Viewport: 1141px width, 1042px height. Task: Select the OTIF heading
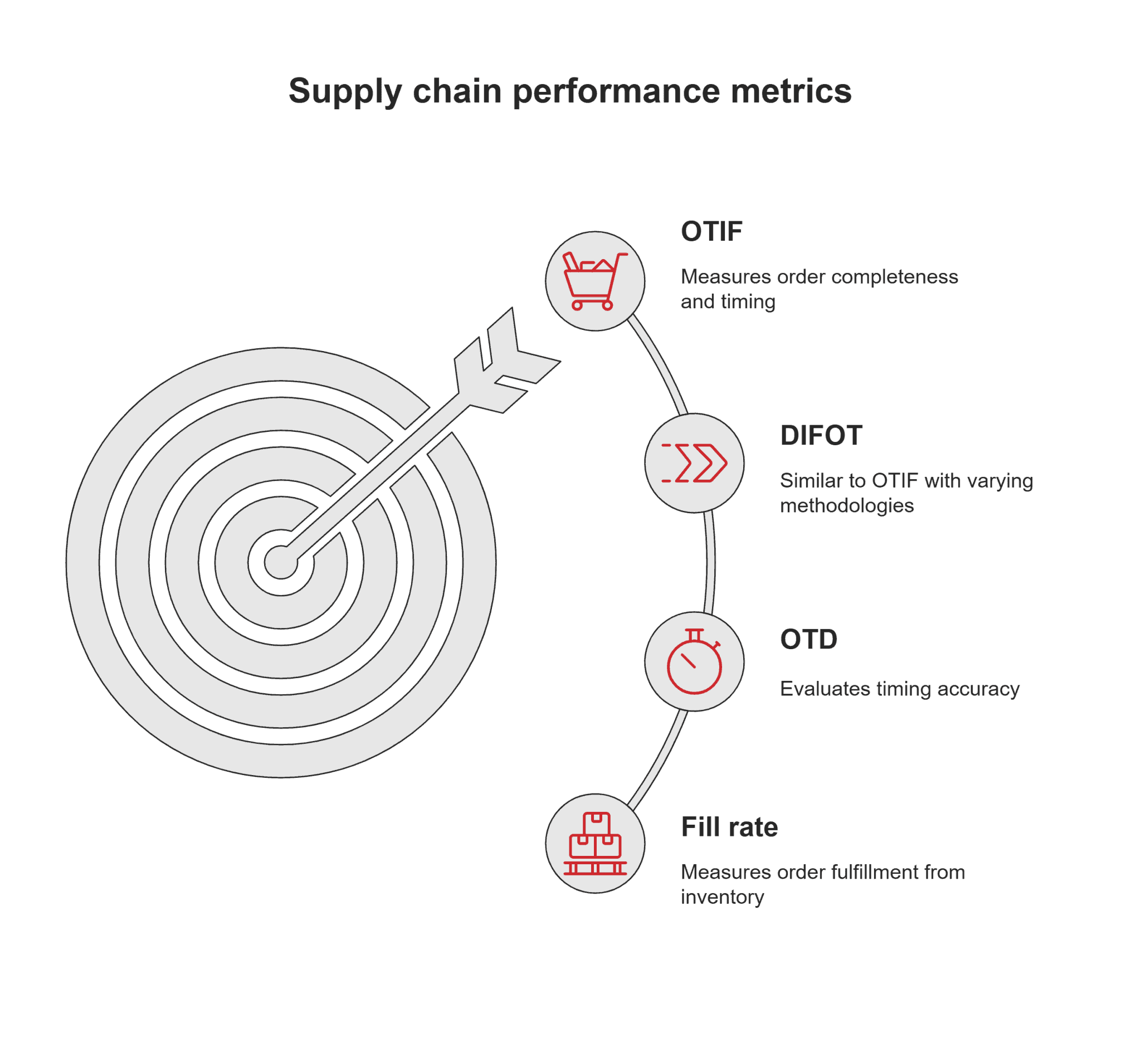pos(711,231)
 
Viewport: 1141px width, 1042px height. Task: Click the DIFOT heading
pos(821,435)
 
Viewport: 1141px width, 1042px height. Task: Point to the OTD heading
pos(808,640)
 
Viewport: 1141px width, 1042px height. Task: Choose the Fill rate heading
pos(729,827)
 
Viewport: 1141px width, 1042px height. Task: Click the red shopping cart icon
pos(595,281)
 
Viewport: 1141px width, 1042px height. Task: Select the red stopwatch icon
pos(694,661)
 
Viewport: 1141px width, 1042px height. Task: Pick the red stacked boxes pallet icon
pos(595,843)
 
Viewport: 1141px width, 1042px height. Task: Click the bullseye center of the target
pos(281,563)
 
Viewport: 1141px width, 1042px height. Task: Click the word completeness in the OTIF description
pos(894,277)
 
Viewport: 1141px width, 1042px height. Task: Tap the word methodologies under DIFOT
pos(847,505)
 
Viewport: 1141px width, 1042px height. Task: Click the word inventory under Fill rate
pos(722,897)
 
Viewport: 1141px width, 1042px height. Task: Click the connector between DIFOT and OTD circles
pos(710,563)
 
